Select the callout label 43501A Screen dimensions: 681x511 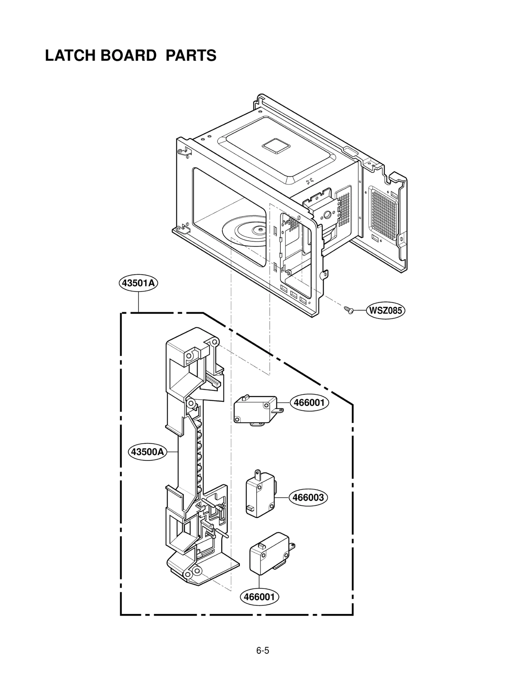138,283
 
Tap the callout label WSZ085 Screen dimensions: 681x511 385,310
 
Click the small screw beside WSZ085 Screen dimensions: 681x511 348,310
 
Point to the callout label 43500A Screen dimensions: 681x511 147,452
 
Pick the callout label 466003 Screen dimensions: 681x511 308,497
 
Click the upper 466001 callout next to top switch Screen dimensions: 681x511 309,402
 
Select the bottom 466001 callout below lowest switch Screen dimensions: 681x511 259,597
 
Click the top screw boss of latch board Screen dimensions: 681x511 215,342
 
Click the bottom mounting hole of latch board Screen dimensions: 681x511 197,571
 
